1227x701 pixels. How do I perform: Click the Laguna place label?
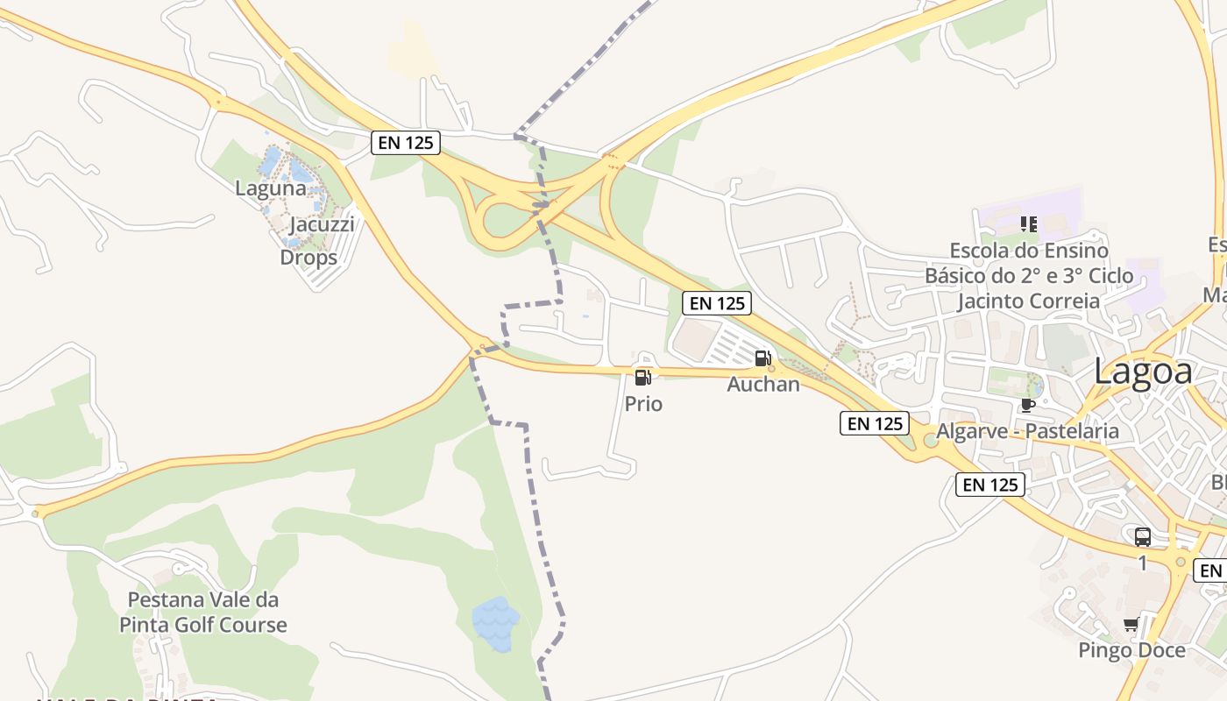point(271,188)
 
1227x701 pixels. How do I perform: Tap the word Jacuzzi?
point(322,223)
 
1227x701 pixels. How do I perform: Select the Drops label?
point(309,258)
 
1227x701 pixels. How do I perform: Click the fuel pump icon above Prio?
point(642,378)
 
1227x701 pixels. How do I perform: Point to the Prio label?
point(643,404)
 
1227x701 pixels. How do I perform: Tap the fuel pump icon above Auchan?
point(762,358)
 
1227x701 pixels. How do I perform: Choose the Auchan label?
point(763,384)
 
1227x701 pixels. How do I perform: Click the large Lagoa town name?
point(1143,372)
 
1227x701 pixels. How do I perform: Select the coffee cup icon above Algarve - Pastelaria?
point(1027,405)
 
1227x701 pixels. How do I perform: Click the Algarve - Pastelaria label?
point(1027,431)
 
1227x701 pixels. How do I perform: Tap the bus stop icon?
point(1143,537)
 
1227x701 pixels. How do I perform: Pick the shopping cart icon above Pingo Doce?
point(1131,625)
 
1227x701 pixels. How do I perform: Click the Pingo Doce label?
point(1131,650)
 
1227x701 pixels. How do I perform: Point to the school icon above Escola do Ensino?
point(1029,224)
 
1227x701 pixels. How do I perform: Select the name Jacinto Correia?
point(1028,301)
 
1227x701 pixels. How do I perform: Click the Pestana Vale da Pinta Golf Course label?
point(203,612)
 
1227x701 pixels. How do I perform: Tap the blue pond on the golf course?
point(496,624)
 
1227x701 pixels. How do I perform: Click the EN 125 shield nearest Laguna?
point(405,142)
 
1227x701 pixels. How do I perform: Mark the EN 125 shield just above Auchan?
point(717,303)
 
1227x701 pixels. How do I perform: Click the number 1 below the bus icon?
point(1143,563)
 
